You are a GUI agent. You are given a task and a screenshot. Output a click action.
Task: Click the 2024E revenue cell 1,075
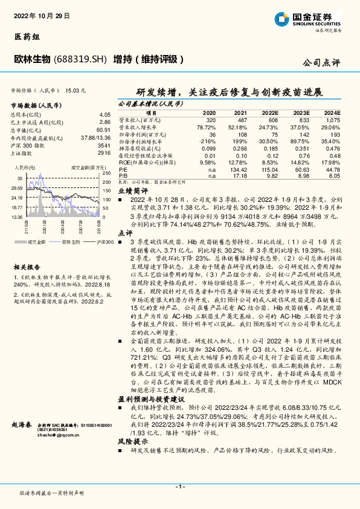pos(332,120)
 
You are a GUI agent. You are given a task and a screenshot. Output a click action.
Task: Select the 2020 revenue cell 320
pos(210,120)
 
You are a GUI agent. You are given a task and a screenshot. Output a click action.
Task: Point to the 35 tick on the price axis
pos(20,179)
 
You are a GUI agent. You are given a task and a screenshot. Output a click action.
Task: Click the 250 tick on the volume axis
pos(106,173)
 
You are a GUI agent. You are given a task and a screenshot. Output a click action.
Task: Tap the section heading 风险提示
pos(129,443)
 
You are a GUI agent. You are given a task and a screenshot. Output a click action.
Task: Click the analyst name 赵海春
pos(21,426)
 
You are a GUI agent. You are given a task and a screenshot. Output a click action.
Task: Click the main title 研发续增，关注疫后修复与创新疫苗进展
pos(230,92)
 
